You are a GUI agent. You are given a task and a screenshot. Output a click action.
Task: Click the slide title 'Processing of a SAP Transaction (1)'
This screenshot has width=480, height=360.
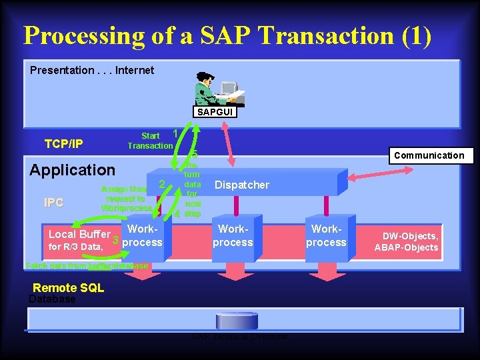click(x=227, y=35)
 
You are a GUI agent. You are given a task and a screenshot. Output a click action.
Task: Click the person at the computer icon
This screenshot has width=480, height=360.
click(x=219, y=93)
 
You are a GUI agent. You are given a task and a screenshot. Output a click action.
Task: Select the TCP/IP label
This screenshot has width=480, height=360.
click(x=64, y=143)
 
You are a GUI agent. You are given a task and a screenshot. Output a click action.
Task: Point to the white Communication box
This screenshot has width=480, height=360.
click(x=429, y=155)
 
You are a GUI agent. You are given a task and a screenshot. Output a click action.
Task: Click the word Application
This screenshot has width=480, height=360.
click(x=72, y=170)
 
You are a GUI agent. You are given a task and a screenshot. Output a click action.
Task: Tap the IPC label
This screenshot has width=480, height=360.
click(x=53, y=203)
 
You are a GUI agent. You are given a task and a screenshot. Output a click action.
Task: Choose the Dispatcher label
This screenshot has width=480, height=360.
click(x=242, y=185)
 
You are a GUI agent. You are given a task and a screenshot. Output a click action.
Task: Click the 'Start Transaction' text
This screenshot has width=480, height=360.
click(x=150, y=141)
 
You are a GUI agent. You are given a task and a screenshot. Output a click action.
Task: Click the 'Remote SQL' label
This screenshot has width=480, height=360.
click(x=69, y=288)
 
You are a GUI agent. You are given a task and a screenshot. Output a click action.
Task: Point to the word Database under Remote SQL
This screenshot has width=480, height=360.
click(x=52, y=300)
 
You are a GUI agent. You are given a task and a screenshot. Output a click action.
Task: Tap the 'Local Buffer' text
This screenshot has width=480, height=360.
click(x=79, y=234)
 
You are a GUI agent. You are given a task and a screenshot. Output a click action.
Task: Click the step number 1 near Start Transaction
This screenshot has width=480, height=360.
click(x=175, y=133)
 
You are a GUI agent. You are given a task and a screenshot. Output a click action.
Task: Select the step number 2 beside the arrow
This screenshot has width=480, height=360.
click(x=161, y=183)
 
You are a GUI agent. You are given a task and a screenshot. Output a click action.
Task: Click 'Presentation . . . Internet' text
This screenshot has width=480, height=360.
click(x=92, y=70)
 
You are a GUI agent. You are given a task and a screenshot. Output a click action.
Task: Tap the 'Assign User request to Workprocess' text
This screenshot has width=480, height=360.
click(x=126, y=199)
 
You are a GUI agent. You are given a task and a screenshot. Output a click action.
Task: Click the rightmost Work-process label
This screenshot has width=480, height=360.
click(x=326, y=236)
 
